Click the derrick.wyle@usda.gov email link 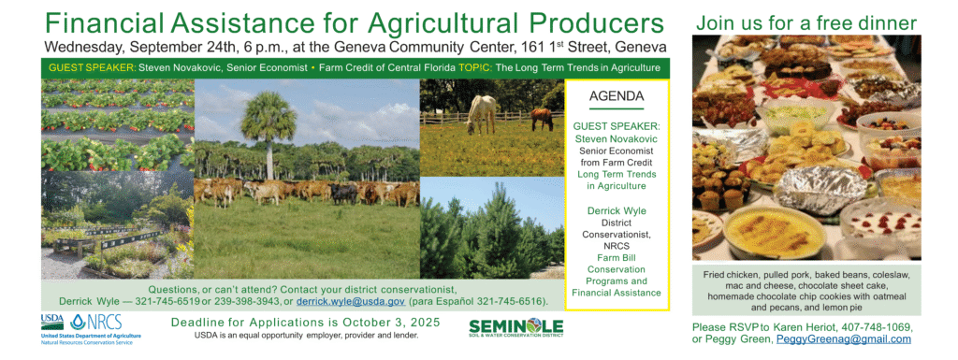click(351, 301)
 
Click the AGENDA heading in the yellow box click(617, 96)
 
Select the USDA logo click(52, 322)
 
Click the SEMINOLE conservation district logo click(516, 327)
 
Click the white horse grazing click(482, 114)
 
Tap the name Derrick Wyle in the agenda click(617, 210)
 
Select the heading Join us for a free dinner click(806, 23)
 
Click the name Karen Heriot click(807, 327)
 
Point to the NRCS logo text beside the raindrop click(105, 322)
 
